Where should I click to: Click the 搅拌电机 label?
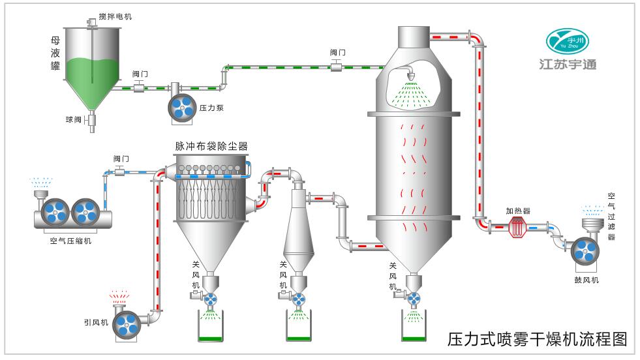click(114, 16)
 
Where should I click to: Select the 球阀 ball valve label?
click(72, 119)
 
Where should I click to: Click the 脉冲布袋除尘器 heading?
click(211, 145)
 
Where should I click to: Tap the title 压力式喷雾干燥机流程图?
click(537, 340)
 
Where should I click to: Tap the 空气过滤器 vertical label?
click(611, 215)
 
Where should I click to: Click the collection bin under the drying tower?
click(414, 326)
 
